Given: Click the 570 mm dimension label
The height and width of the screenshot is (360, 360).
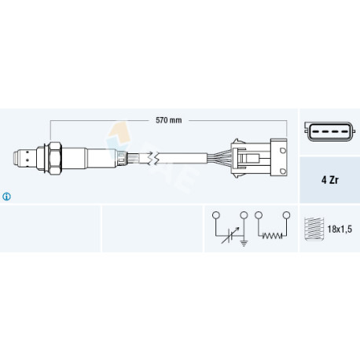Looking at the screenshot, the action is [x=168, y=120].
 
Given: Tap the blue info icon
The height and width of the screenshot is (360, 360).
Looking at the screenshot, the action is [x=6, y=197].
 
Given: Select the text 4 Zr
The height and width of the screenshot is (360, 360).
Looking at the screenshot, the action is [x=329, y=180].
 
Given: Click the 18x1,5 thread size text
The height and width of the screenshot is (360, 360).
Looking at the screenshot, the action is [x=340, y=230].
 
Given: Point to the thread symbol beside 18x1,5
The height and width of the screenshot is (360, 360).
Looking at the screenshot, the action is [x=314, y=229].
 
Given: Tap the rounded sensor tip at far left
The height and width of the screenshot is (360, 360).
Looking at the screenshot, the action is [x=17, y=158].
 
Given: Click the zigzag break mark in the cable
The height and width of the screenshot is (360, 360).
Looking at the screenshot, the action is [x=153, y=159].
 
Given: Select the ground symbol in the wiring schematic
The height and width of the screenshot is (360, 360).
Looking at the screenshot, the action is [x=244, y=244].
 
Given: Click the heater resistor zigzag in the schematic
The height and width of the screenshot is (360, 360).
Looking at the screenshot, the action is [x=272, y=236].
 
